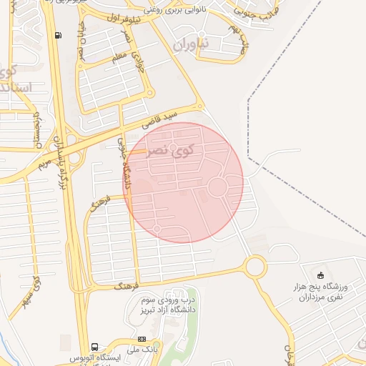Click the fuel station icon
[56, 34]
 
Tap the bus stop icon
[96, 345]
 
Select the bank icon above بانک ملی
[142, 338]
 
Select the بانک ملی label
[141, 349]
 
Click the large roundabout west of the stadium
[254, 268]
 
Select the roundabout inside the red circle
[217, 187]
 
